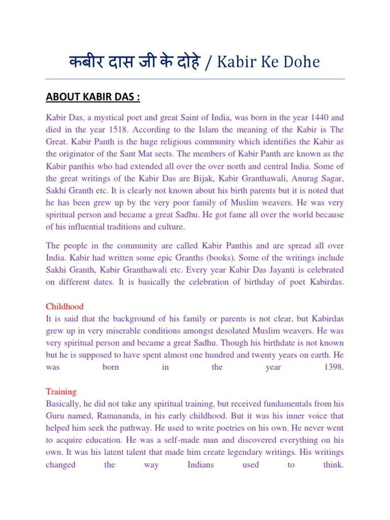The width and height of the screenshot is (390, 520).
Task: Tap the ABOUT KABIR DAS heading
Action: [x=93, y=97]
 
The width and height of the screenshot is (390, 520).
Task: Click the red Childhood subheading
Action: [x=64, y=307]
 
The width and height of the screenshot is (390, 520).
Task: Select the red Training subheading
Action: [x=61, y=392]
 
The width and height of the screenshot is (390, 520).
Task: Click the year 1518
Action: [x=131, y=129]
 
